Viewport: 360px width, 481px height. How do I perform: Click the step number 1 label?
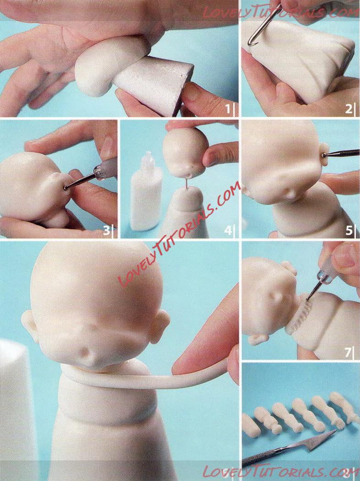(228, 108)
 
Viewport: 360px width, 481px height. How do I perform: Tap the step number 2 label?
(349, 109)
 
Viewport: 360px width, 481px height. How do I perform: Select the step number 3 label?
(106, 230)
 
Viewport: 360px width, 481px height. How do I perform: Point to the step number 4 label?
(228, 230)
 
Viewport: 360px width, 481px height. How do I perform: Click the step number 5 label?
(349, 230)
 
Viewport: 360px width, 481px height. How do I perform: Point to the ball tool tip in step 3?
(65, 188)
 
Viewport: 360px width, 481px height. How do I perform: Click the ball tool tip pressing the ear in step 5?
(324, 155)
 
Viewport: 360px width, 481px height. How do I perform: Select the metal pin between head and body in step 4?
(186, 183)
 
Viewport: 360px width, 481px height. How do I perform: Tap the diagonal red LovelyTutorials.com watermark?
(180, 236)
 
